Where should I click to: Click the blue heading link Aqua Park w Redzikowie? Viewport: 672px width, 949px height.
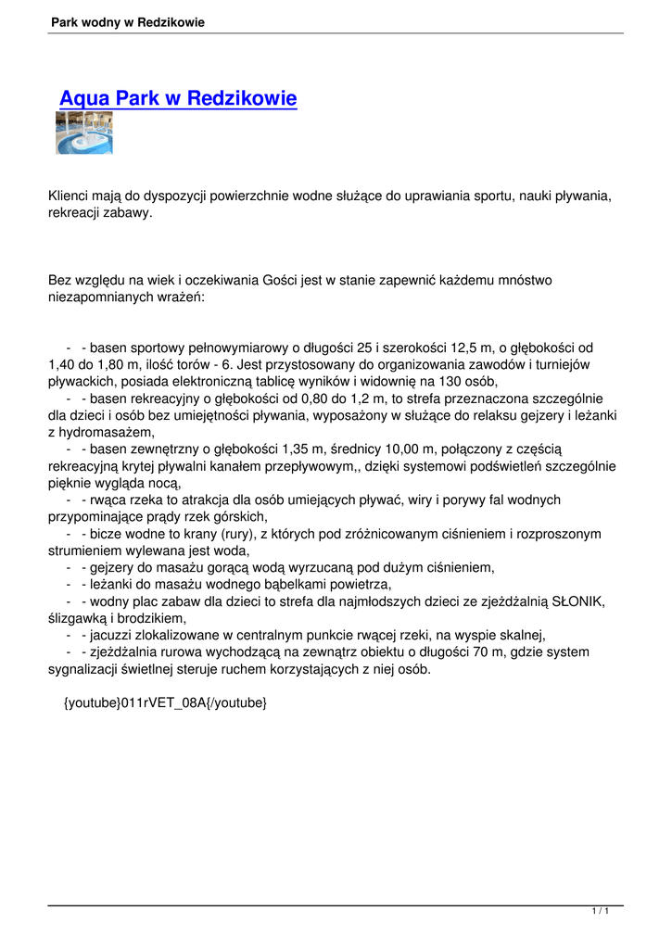pos(178,98)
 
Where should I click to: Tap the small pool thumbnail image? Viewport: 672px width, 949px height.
pos(84,133)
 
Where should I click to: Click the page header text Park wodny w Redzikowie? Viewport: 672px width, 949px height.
pos(128,21)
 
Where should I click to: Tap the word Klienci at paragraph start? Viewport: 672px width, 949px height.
pos(71,196)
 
